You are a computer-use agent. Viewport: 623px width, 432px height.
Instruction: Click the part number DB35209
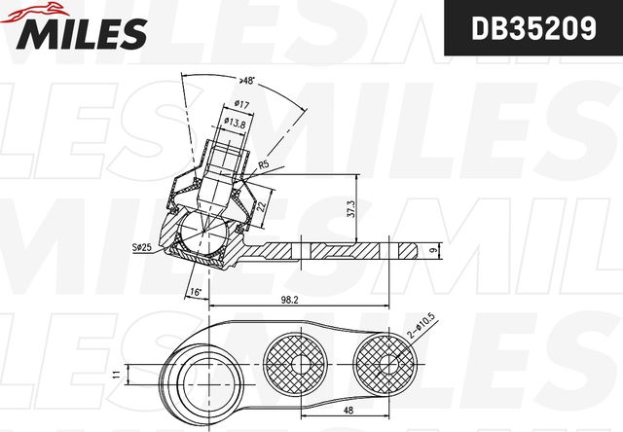pos(532,29)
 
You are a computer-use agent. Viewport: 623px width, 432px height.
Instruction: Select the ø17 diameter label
pos(243,105)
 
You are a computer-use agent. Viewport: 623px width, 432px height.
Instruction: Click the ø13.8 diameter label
pos(234,122)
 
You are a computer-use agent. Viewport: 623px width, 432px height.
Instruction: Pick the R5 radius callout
pos(262,165)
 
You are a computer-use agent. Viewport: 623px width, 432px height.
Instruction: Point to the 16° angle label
pos(195,291)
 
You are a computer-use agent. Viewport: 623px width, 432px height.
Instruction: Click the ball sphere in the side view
pos(204,236)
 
